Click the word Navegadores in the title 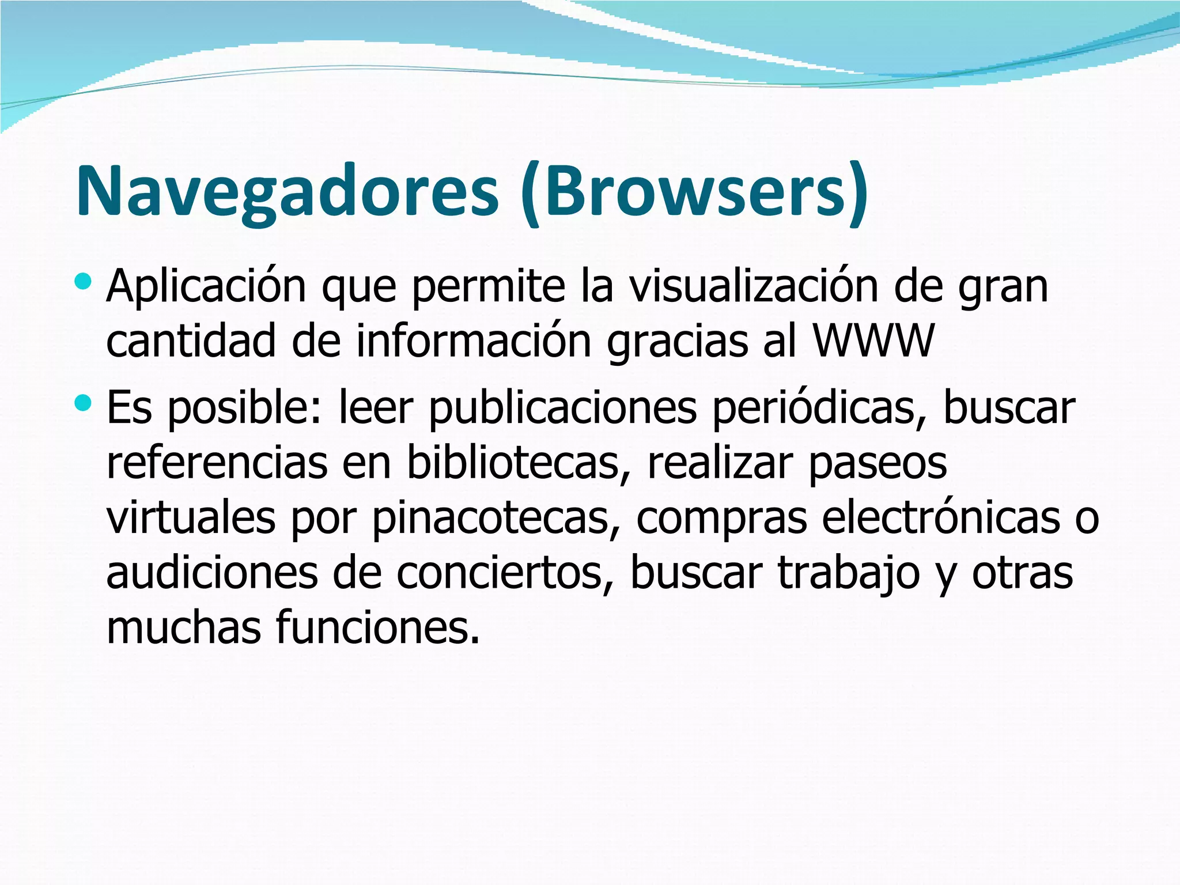tap(287, 191)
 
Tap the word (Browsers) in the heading tap(694, 191)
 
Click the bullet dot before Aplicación tap(83, 282)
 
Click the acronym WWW tap(873, 341)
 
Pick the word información tap(474, 341)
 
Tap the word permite tap(489, 286)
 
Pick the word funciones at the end tap(377, 627)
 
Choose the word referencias tap(217, 463)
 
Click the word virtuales tap(191, 517)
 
